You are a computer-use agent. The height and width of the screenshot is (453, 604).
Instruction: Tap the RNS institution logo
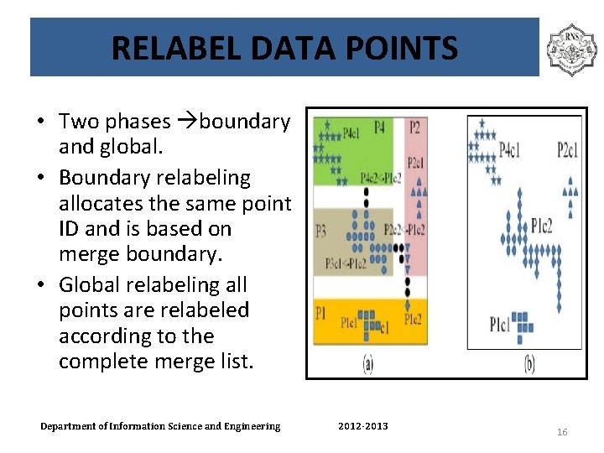click(x=571, y=49)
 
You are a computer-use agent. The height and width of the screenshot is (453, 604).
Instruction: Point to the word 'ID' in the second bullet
click(x=71, y=228)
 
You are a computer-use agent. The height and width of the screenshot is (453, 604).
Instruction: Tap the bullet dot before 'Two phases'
click(x=40, y=122)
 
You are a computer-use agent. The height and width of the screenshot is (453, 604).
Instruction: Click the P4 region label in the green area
click(x=379, y=128)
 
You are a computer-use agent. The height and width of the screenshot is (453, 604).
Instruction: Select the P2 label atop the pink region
click(x=415, y=128)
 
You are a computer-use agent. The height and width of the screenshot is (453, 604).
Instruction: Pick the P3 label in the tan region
click(x=320, y=230)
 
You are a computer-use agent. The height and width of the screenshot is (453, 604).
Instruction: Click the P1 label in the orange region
click(x=320, y=313)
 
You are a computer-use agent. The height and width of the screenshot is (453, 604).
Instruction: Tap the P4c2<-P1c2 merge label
click(x=381, y=178)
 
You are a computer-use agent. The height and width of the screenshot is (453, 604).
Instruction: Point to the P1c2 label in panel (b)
click(x=541, y=225)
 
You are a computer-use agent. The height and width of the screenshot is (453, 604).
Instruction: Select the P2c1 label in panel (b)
click(x=568, y=150)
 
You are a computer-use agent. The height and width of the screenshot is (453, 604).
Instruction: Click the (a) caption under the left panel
click(x=368, y=365)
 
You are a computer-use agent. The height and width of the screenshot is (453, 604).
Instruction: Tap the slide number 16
click(x=562, y=431)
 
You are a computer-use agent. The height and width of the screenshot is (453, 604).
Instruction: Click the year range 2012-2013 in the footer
click(x=363, y=426)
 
